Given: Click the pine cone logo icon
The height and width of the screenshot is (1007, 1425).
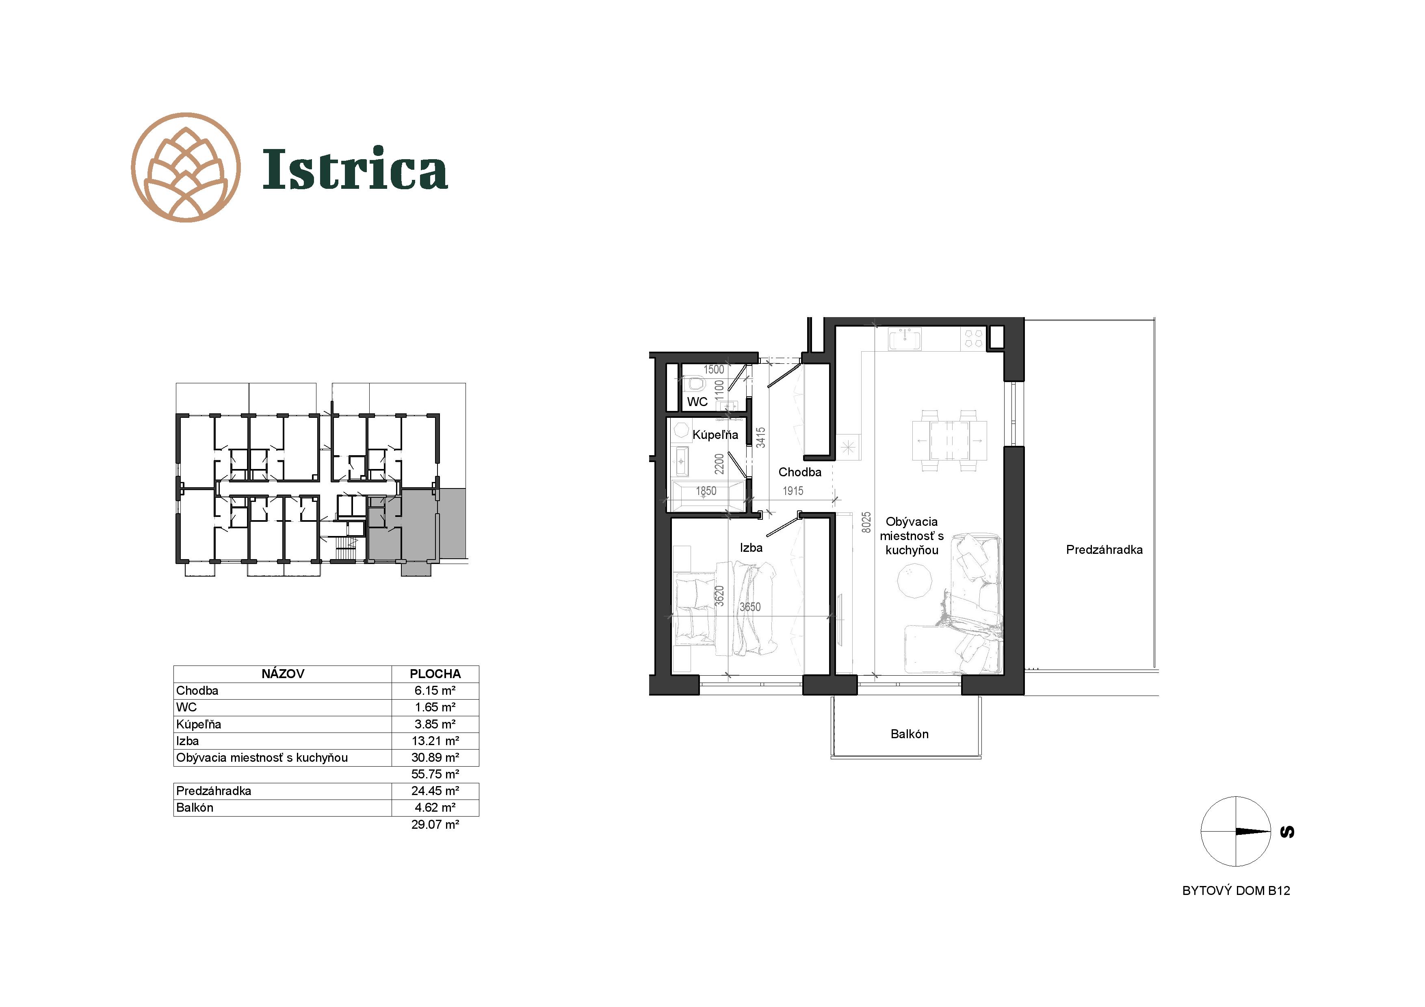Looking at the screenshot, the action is (x=186, y=168).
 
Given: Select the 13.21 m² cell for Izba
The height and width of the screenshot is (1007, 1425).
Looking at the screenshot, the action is (x=435, y=741).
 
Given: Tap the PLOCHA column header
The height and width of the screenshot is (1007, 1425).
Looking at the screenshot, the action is (x=435, y=674).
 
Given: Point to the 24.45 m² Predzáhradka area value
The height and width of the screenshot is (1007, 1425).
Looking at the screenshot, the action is (x=435, y=791).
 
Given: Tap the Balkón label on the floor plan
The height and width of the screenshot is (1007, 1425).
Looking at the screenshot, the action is (x=909, y=734).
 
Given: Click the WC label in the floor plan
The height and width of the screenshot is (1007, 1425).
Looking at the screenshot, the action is (x=697, y=402).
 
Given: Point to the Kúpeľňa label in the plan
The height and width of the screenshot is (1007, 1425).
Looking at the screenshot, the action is (x=715, y=435).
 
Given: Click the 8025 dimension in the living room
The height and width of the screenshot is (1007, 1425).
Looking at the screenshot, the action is (x=866, y=523).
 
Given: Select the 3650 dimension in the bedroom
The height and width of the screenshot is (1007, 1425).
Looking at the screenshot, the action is (x=750, y=607).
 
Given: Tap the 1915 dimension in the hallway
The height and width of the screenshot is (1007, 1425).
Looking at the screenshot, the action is (x=793, y=491).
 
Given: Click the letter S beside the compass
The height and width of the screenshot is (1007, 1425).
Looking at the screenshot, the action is (x=1287, y=832).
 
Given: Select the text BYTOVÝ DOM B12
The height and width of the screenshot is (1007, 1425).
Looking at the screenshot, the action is (x=1236, y=891).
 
